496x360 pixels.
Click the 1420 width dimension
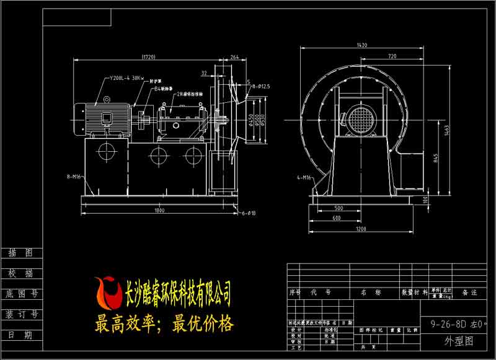click(x=361, y=45)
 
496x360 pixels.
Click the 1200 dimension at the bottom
click(x=363, y=229)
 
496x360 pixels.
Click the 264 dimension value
click(x=234, y=57)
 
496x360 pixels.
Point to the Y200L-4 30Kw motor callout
click(x=126, y=79)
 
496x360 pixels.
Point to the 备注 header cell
click(x=470, y=292)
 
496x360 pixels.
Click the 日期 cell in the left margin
click(x=20, y=334)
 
